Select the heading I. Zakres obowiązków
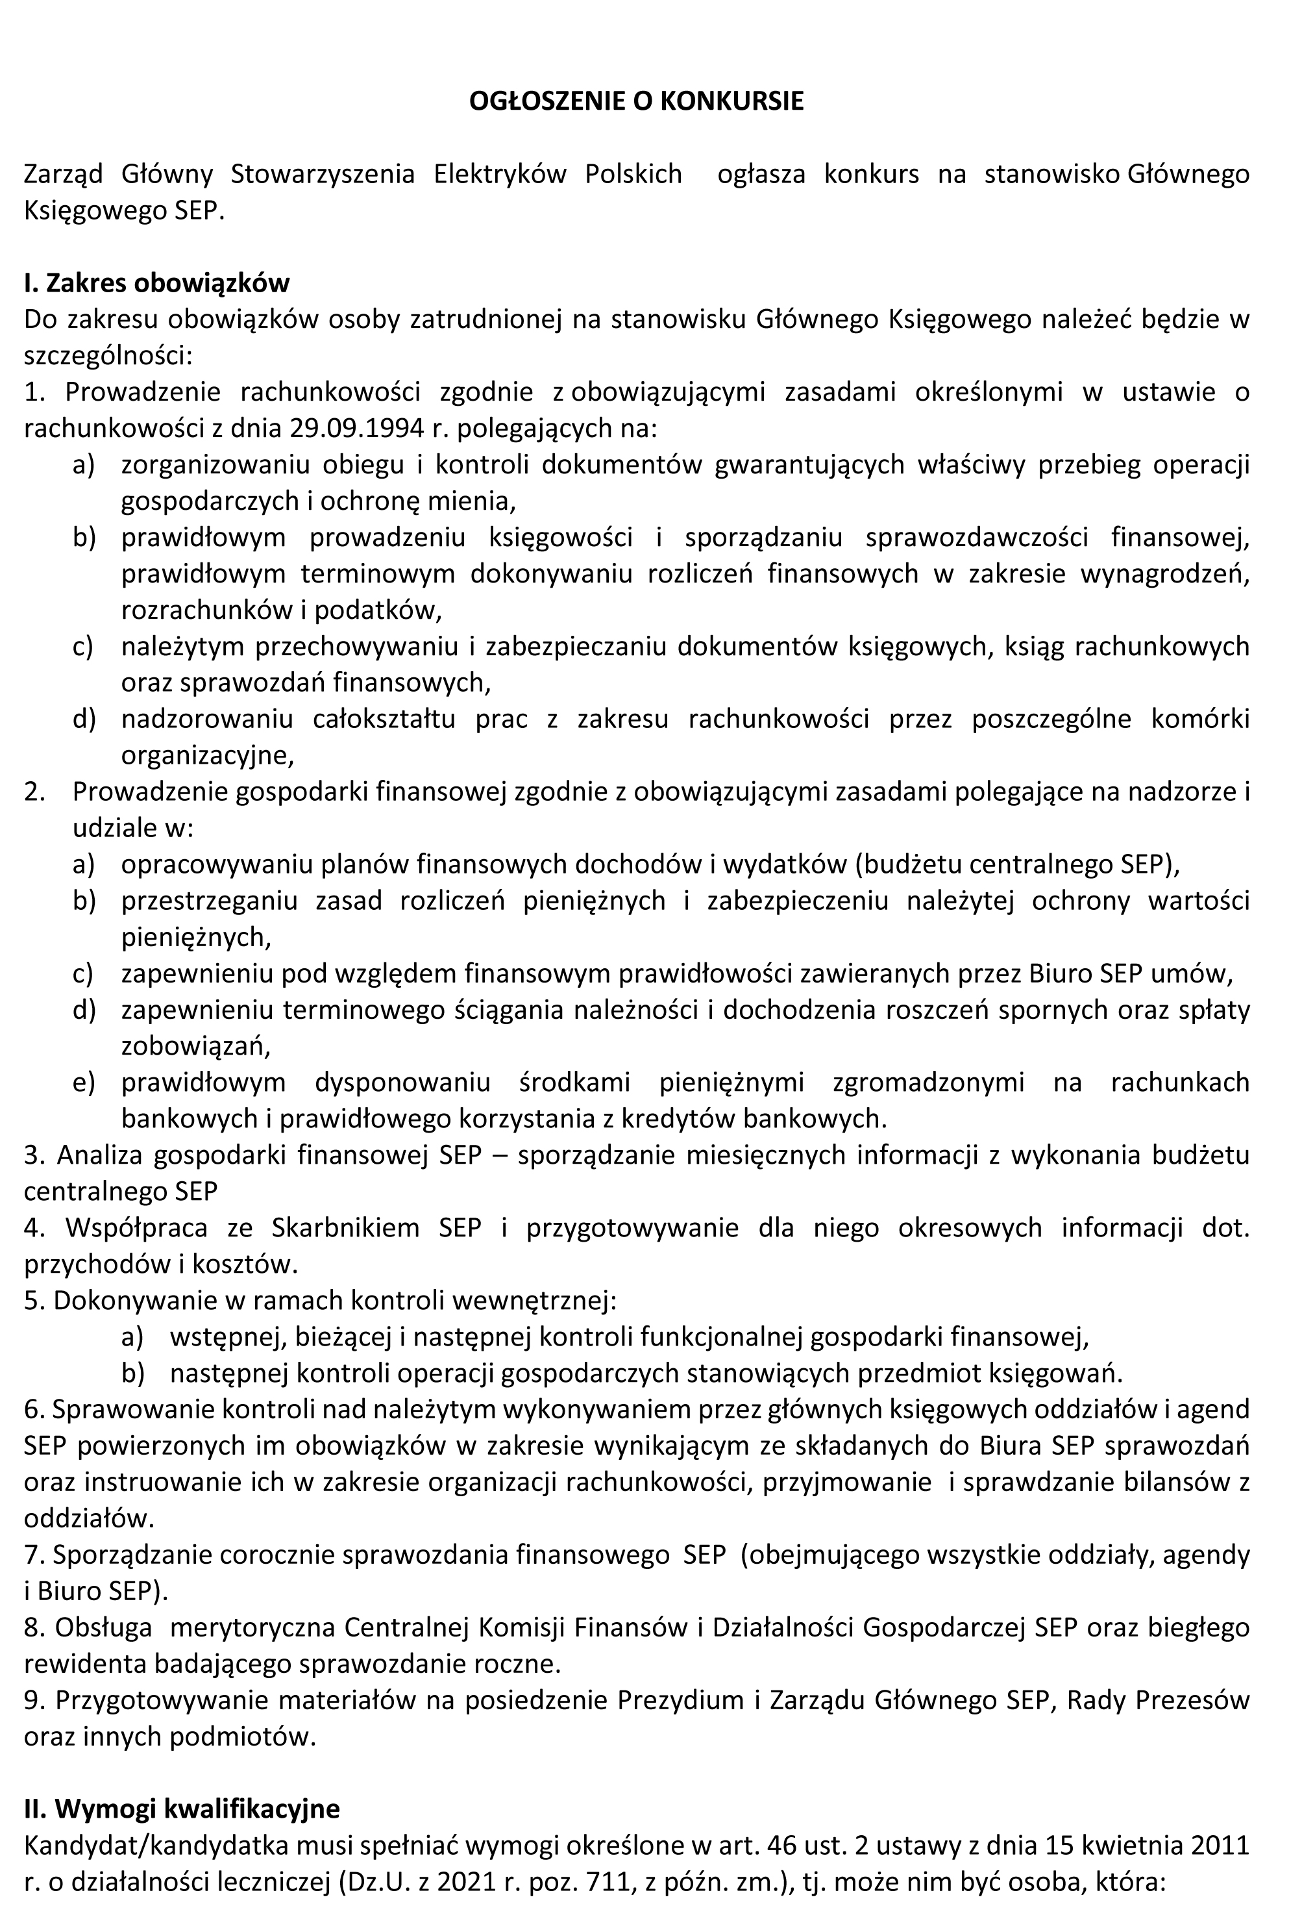[x=156, y=284]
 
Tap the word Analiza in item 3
[x=99, y=1155]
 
